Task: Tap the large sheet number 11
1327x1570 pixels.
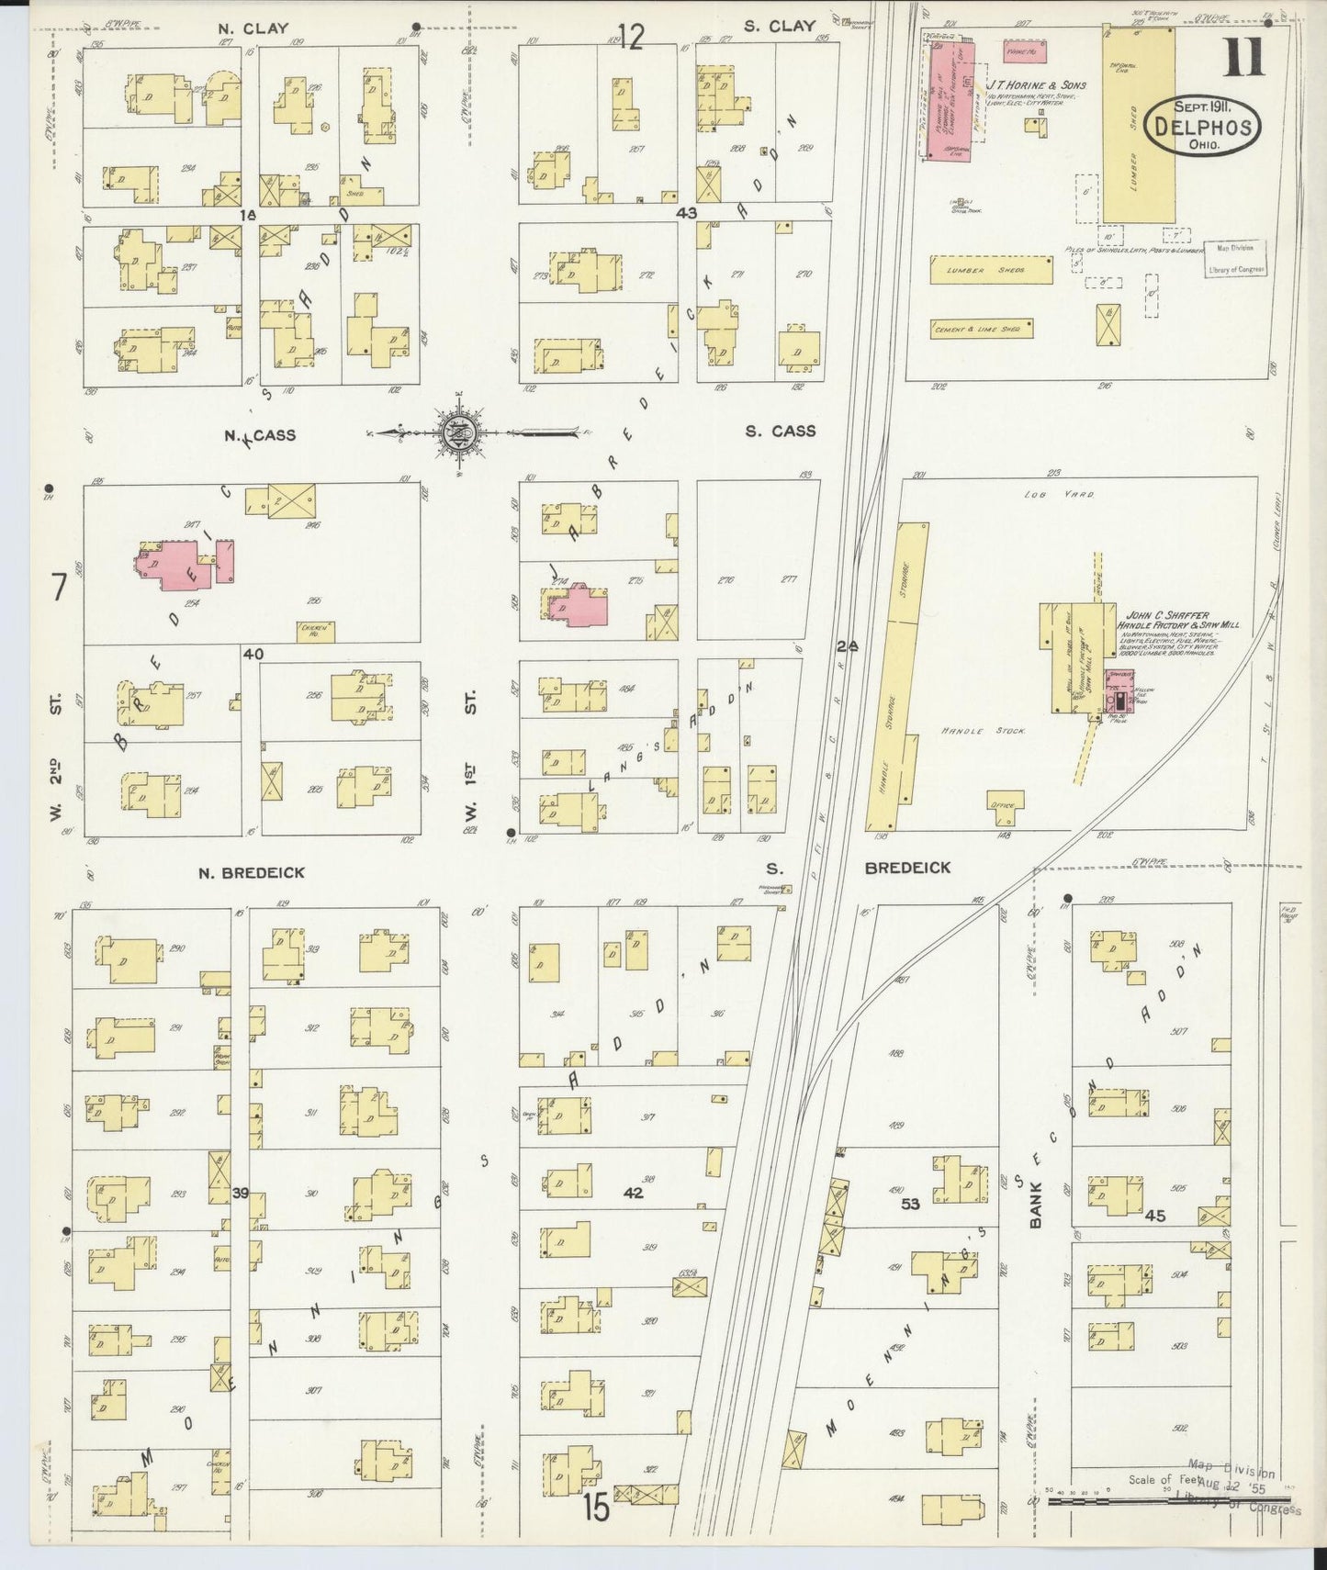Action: [x=1243, y=57]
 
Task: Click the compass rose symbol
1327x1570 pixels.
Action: [x=456, y=432]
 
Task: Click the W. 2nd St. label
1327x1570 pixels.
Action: [x=57, y=757]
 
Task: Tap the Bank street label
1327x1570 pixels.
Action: [x=1036, y=1203]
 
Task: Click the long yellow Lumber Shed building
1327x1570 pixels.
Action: [x=1139, y=124]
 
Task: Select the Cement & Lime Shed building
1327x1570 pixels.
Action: [x=981, y=329]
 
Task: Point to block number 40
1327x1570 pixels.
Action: [x=254, y=654]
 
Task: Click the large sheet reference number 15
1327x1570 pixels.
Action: [x=596, y=1508]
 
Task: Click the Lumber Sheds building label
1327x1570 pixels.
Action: [x=992, y=270]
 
